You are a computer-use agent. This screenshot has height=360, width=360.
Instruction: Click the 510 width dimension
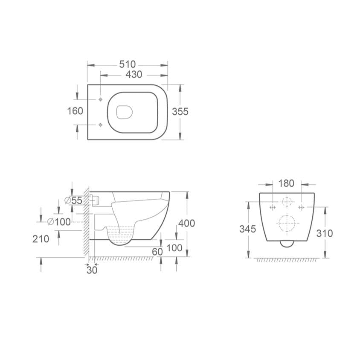[x=127, y=64]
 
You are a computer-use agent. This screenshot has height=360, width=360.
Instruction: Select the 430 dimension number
[x=134, y=74]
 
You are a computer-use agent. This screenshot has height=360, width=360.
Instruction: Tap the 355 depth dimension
[x=180, y=111]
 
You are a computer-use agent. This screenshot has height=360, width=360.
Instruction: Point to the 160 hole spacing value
[x=75, y=111]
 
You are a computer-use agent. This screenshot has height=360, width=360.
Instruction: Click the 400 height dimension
[x=186, y=223]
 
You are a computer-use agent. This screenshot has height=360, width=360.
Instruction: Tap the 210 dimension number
[x=41, y=238]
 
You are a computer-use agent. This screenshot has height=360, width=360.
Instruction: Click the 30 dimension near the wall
[x=92, y=270]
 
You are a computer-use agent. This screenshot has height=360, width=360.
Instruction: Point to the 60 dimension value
[x=157, y=252]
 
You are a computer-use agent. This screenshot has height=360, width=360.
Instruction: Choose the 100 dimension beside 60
[x=174, y=248]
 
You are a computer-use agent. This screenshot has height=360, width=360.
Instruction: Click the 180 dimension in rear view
[x=286, y=183]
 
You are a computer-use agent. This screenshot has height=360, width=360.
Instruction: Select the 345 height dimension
[x=247, y=229]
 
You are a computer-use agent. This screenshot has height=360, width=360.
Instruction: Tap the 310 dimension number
[x=325, y=233]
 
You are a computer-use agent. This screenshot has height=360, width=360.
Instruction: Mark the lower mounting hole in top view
[x=100, y=125]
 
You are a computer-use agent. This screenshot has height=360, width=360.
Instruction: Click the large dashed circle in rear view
[x=287, y=223]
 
